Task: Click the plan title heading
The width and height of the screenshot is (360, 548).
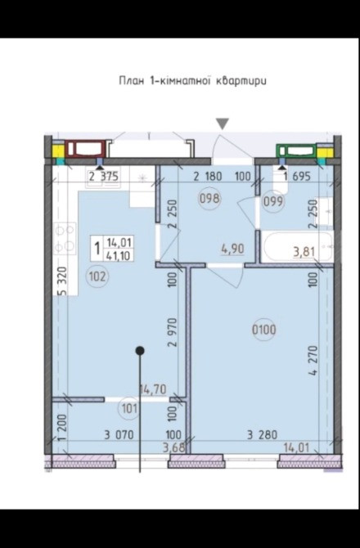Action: tap(192, 81)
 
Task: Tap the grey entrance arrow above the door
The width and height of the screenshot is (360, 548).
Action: tap(223, 124)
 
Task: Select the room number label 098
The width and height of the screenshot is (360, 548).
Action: tap(209, 199)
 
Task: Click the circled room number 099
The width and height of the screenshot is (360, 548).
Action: tap(273, 201)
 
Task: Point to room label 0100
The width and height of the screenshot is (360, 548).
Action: tap(264, 330)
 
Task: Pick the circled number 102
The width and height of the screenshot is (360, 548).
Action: tap(97, 276)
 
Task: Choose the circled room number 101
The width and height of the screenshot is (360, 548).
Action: tap(129, 408)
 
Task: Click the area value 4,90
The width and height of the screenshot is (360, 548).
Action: tap(232, 249)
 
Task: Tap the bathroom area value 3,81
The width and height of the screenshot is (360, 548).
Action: tap(304, 252)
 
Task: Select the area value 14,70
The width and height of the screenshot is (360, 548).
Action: tap(153, 389)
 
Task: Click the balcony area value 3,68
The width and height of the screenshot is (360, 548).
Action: tap(173, 447)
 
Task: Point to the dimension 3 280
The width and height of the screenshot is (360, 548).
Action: tap(262, 435)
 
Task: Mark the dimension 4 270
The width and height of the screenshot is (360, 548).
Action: tap(313, 361)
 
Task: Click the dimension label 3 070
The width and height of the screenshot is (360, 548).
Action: tap(119, 435)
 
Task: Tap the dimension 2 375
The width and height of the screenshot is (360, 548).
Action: tap(103, 176)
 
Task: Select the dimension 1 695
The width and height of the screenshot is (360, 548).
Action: tap(297, 176)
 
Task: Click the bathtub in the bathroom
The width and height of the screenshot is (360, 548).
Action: tap(298, 247)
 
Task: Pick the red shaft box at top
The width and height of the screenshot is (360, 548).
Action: tap(85, 149)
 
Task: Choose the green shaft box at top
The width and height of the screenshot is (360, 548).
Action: tap(296, 151)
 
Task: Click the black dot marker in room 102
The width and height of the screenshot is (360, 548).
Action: tap(140, 350)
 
